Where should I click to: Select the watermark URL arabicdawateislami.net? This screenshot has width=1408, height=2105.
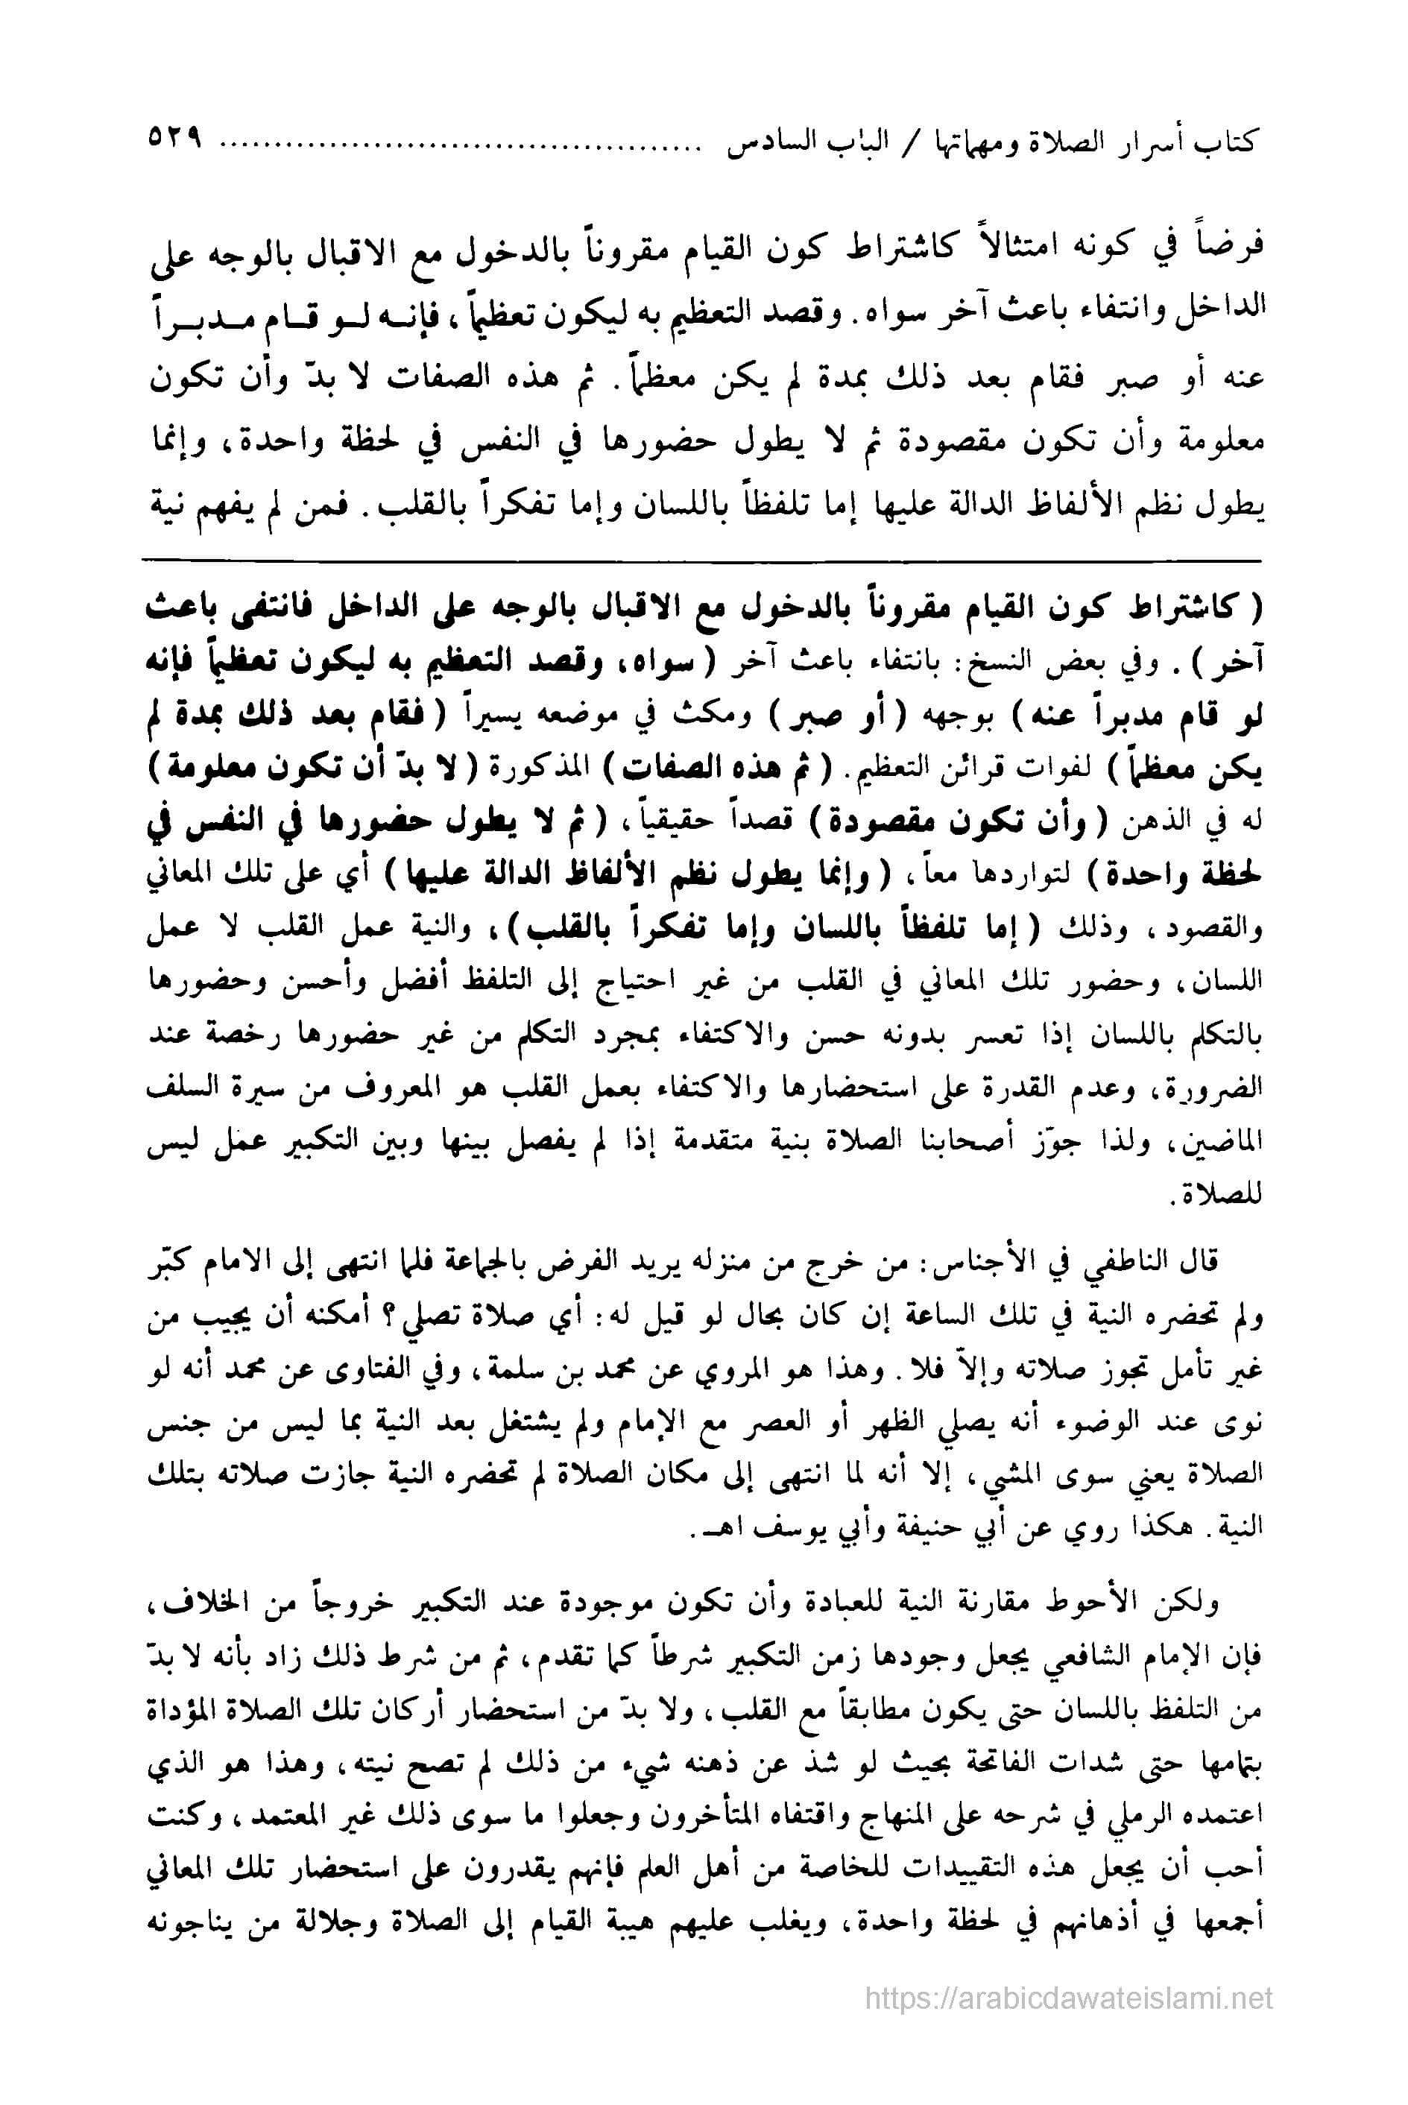[x=1069, y=1990]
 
